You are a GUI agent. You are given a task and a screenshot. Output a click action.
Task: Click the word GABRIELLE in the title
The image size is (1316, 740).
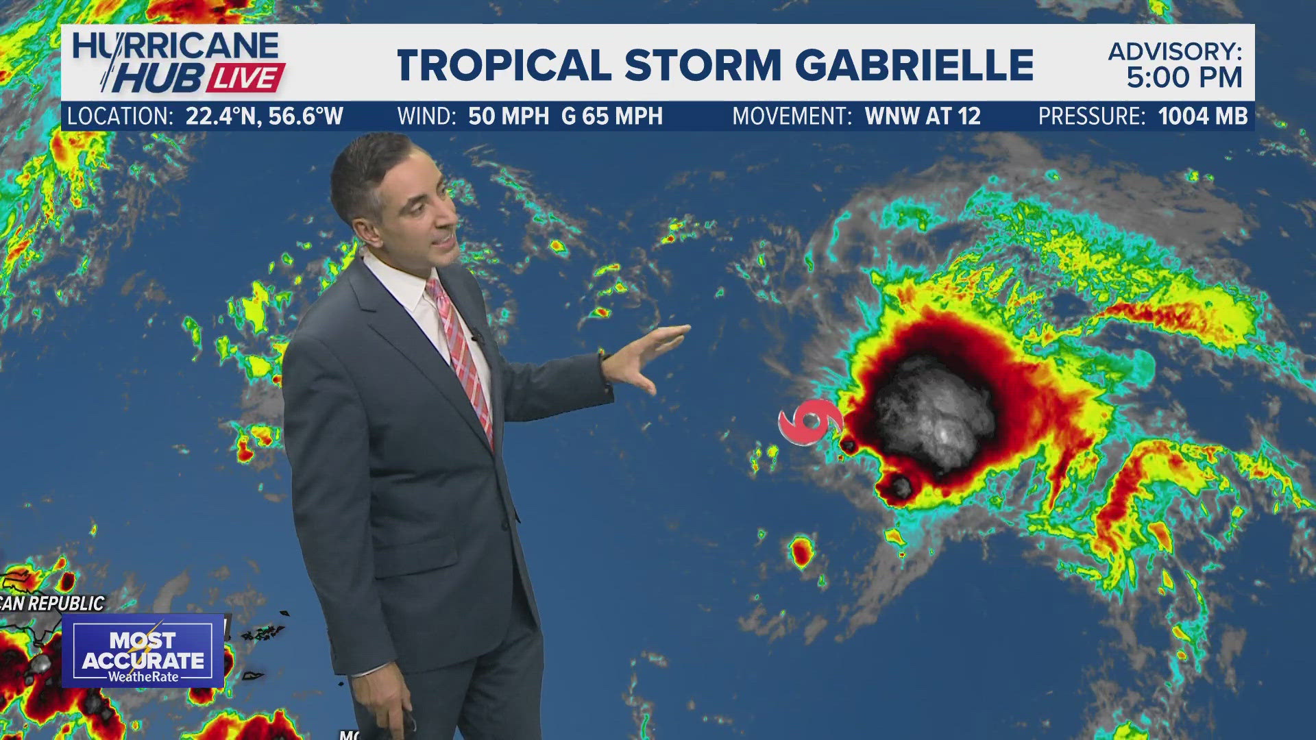[914, 65]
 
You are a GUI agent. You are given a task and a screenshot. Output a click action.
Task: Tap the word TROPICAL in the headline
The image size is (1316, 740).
[504, 65]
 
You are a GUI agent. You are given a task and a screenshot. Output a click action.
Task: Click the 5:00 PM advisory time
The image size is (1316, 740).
[1184, 78]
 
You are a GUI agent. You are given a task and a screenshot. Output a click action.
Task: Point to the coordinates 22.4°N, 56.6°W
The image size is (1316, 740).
[264, 116]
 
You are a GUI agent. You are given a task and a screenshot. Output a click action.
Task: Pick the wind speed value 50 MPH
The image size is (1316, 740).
[509, 116]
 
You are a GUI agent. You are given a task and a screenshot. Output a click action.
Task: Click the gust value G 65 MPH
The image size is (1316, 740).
[612, 116]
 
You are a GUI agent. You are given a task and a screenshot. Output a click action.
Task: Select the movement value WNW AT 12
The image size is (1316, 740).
[923, 116]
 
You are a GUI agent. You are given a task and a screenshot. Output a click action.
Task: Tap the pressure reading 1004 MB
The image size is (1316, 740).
[1203, 116]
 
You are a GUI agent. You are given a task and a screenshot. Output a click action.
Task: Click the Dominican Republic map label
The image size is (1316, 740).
[52, 604]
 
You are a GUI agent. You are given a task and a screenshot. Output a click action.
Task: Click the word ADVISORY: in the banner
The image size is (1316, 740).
[1175, 51]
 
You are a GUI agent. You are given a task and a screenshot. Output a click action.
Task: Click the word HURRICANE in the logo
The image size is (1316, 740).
[175, 47]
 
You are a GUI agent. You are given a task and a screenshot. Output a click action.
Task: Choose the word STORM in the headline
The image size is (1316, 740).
[703, 65]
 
